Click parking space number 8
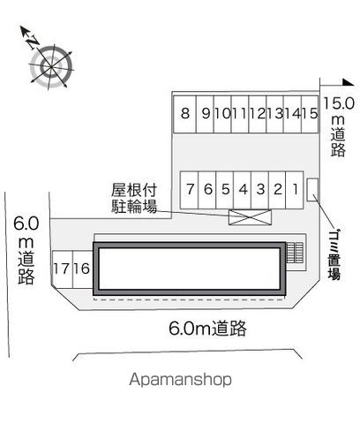184,114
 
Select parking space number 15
310,114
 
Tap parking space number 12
258,114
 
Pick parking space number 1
295,190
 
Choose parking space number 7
190,190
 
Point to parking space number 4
243,190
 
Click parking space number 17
63,269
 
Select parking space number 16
83,269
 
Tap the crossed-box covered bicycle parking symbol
250,217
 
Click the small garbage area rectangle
312,190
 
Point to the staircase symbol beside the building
295,253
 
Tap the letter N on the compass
33,42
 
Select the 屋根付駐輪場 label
134,198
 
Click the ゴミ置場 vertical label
334,254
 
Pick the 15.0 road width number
339,103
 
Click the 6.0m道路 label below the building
207,328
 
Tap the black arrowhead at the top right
348,82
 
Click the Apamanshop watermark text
180,379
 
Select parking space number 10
222,114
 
